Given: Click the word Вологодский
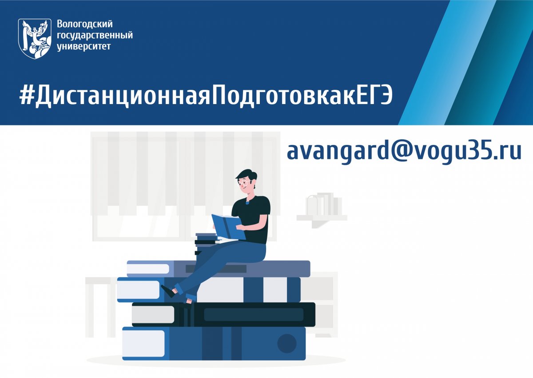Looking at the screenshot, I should (85, 24).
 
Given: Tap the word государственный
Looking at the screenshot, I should (95, 35).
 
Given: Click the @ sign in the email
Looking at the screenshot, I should (386, 152).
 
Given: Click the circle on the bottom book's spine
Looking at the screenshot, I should (286, 343).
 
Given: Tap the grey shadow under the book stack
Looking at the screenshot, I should (213, 362).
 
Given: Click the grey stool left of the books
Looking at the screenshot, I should (100, 302).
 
